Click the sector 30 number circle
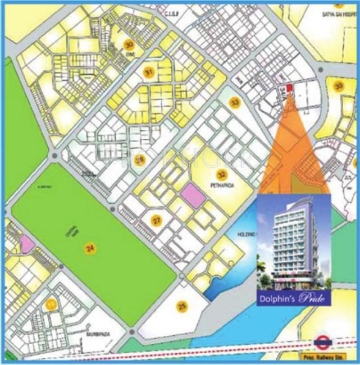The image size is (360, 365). point(129,45)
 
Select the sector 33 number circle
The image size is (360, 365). point(234,102)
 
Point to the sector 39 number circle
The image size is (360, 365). point(338,86)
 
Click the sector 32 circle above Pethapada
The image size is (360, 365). point(222,174)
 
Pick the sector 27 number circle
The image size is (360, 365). point(157,220)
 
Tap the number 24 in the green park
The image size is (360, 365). point(89,248)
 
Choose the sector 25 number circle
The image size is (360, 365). point(181,306)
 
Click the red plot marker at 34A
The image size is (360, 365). point(289,88)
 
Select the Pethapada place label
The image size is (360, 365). point(220,184)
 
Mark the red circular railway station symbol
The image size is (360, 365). point(322,341)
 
